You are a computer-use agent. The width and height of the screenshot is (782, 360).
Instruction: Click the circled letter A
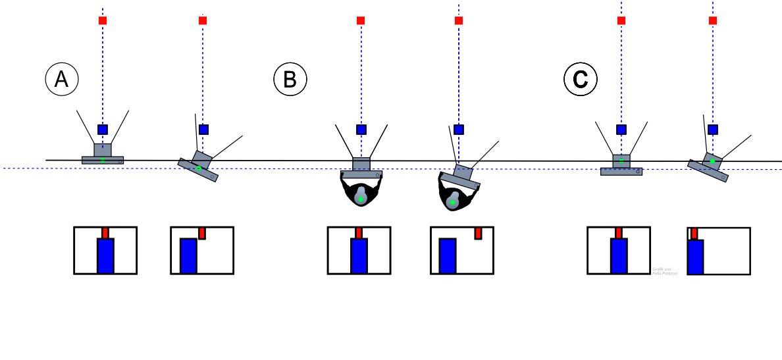(62, 80)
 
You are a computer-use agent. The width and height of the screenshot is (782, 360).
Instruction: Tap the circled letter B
(290, 80)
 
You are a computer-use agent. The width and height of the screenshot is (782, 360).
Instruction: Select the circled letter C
(581, 80)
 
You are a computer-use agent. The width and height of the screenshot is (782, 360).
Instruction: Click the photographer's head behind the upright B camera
(361, 195)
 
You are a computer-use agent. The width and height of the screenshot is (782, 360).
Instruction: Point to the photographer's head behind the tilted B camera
(453, 199)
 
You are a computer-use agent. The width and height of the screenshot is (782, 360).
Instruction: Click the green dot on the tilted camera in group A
(199, 168)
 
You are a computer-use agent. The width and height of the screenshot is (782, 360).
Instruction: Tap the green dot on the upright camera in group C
(621, 160)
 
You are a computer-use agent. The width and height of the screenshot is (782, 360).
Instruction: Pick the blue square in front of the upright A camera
(103, 130)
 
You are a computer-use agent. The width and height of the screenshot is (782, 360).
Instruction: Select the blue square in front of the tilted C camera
(713, 130)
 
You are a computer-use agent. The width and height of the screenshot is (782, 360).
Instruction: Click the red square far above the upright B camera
(361, 20)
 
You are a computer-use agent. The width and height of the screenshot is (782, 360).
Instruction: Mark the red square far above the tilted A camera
(203, 20)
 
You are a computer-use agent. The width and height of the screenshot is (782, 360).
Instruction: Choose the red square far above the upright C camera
(621, 20)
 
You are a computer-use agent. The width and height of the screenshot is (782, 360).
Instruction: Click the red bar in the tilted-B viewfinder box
(479, 233)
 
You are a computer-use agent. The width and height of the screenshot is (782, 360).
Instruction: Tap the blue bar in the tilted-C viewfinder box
(696, 257)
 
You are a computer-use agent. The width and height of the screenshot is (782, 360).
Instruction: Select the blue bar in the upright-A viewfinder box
(105, 256)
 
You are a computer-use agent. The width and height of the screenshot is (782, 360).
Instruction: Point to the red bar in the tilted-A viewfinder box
(202, 233)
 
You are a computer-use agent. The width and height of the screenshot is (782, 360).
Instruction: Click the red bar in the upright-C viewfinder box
(619, 233)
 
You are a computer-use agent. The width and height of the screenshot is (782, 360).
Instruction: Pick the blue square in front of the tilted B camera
(459, 130)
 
